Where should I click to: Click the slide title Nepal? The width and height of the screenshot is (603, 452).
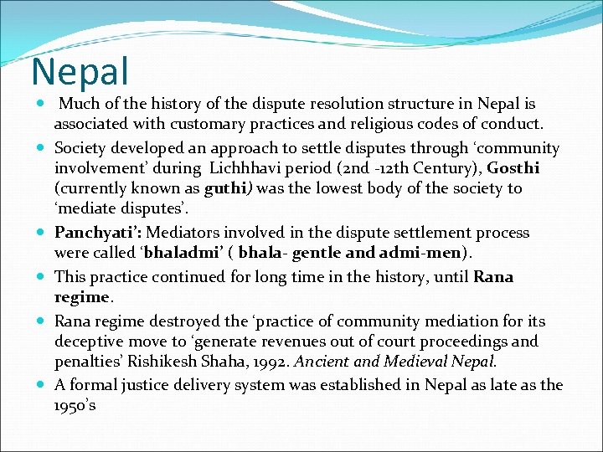pyautogui.click(x=80, y=72)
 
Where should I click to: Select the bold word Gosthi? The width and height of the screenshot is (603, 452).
pyautogui.click(x=513, y=168)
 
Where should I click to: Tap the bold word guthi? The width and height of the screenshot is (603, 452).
pyautogui.click(x=224, y=188)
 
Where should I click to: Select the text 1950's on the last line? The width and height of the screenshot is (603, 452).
pyautogui.click(x=75, y=405)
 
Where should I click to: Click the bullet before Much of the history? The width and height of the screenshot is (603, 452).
pyautogui.click(x=42, y=105)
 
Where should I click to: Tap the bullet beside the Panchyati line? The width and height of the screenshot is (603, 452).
pyautogui.click(x=42, y=234)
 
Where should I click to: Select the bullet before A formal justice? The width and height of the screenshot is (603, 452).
pyautogui.click(x=42, y=385)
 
